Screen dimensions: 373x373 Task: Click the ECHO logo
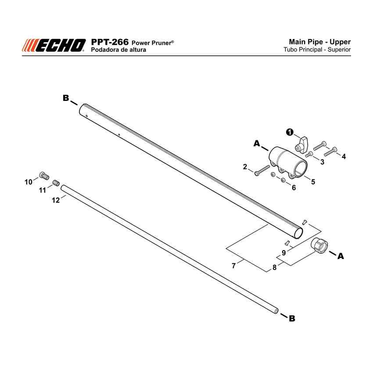click(54, 45)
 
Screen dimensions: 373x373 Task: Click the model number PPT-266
click(110, 42)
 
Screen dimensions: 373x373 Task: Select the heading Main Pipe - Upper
click(319, 42)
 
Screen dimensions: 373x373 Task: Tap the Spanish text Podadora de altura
click(118, 50)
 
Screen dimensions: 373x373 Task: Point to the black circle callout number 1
click(290, 132)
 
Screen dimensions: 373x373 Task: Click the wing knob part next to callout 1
click(301, 145)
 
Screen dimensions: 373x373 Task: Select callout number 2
click(245, 167)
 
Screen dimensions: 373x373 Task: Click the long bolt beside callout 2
click(262, 170)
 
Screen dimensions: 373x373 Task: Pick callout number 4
click(344, 156)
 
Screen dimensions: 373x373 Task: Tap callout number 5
click(313, 182)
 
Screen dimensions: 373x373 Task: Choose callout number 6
click(294, 188)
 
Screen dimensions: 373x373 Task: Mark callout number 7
click(233, 265)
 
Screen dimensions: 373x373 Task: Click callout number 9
click(283, 253)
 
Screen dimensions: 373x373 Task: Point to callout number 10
click(29, 182)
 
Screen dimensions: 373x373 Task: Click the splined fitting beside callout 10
click(44, 176)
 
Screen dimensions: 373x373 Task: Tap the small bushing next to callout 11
click(56, 183)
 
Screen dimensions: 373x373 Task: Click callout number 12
click(56, 200)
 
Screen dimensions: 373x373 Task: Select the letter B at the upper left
click(66, 98)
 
